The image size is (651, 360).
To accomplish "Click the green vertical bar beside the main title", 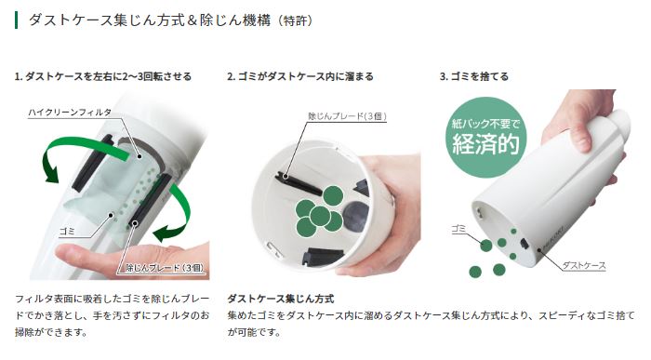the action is (16, 20).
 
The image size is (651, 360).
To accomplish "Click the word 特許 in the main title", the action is (295, 20).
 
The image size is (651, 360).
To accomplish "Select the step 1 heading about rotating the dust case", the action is (103, 77).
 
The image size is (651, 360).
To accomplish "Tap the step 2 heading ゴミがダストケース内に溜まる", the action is (300, 77).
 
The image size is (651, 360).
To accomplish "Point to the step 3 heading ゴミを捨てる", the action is (473, 77).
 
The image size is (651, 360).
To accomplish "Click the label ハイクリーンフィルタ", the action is (70, 113).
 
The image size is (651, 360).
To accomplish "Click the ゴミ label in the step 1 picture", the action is (67, 232).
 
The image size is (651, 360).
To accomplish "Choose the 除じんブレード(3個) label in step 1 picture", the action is (165, 268).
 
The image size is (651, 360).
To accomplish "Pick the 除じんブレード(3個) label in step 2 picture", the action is (347, 116).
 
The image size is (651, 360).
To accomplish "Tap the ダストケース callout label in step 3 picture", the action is (584, 265).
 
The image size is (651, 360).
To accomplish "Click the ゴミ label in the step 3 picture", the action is (458, 229).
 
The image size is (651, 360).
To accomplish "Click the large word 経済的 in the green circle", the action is (485, 144).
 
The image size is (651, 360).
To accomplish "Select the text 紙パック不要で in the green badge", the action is (485, 124).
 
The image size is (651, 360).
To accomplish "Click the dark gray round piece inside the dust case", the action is (356, 217).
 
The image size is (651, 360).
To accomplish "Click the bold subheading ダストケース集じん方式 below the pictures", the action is (281, 299).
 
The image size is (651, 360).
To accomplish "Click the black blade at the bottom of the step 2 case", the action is (324, 256).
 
